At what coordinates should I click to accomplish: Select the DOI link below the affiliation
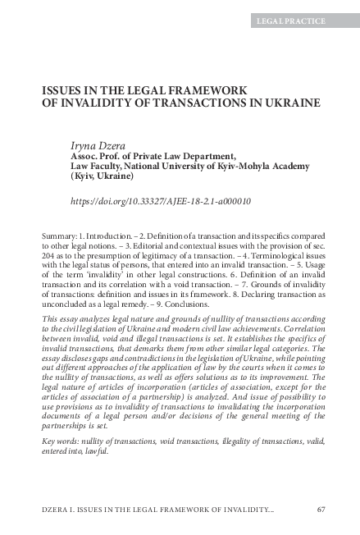(x=149, y=200)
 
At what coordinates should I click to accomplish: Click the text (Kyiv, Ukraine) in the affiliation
(x=101, y=176)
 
